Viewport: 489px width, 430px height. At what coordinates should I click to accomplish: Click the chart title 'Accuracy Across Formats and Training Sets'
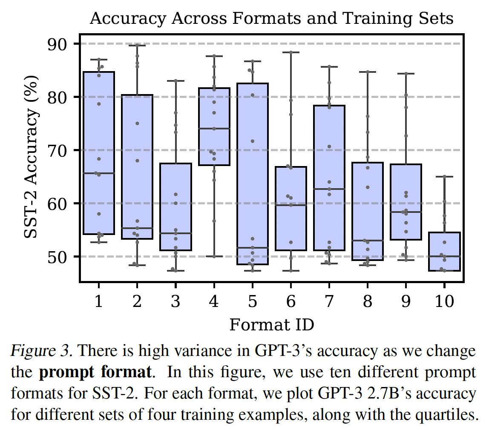(x=271, y=19)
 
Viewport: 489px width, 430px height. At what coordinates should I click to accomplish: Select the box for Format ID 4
(x=214, y=126)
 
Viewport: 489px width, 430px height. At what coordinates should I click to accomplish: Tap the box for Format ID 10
(x=444, y=251)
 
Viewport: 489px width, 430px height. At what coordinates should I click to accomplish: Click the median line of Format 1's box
(x=99, y=173)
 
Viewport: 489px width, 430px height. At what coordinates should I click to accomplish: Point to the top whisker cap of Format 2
(x=137, y=45)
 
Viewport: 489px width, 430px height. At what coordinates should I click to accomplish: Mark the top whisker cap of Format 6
(x=291, y=52)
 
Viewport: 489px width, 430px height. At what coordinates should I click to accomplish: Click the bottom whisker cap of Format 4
(x=214, y=256)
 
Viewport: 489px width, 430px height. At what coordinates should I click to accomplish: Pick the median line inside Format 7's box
(x=329, y=189)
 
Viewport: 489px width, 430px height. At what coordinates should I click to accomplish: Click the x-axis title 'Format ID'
(x=272, y=325)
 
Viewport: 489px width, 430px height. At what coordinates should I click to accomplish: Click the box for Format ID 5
(x=253, y=174)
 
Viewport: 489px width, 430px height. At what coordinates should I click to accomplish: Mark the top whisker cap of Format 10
(x=444, y=176)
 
